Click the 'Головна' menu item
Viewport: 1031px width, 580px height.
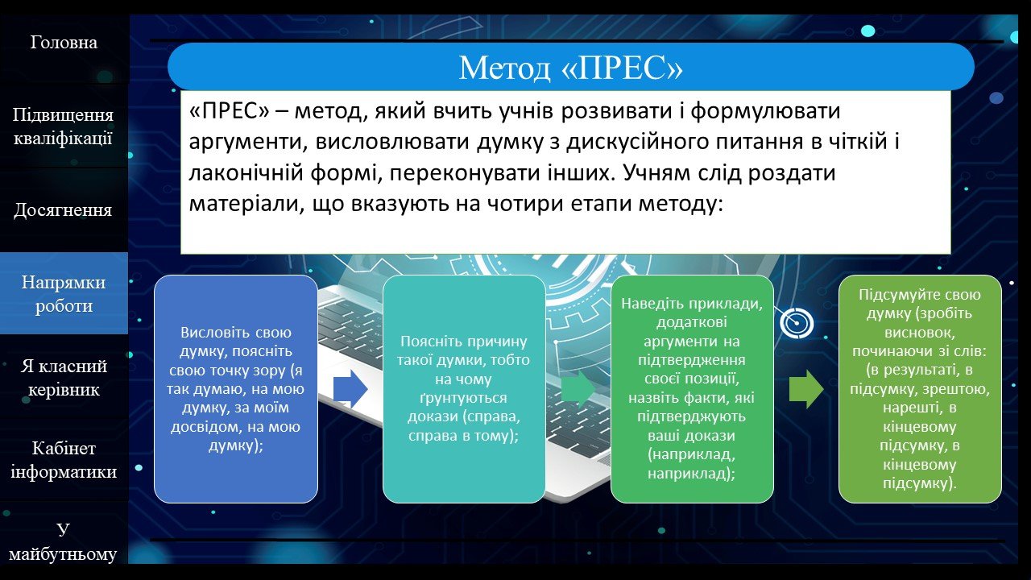tap(64, 43)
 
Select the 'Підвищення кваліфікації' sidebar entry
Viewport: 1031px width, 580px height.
tap(63, 126)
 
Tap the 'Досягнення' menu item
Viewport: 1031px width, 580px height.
tap(63, 210)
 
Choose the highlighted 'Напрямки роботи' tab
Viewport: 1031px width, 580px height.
tap(64, 294)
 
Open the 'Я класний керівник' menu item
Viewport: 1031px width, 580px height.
tap(64, 378)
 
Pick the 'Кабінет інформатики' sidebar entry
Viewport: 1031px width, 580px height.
tap(64, 459)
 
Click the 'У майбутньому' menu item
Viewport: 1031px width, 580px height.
tap(63, 541)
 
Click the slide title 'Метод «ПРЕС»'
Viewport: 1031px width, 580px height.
tap(571, 68)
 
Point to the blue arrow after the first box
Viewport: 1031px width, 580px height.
tap(350, 389)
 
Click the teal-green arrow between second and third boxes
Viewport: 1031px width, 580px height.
tap(578, 389)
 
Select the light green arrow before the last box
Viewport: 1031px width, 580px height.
tap(806, 389)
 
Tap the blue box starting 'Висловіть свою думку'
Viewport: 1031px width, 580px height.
tap(236, 389)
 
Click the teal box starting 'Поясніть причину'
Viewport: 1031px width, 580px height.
tap(464, 389)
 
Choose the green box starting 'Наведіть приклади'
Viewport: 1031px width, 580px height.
tap(692, 389)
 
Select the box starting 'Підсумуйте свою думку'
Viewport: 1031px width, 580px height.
tap(920, 389)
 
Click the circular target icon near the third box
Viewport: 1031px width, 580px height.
tap(797, 323)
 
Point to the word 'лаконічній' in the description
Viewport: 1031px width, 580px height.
tap(246, 172)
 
